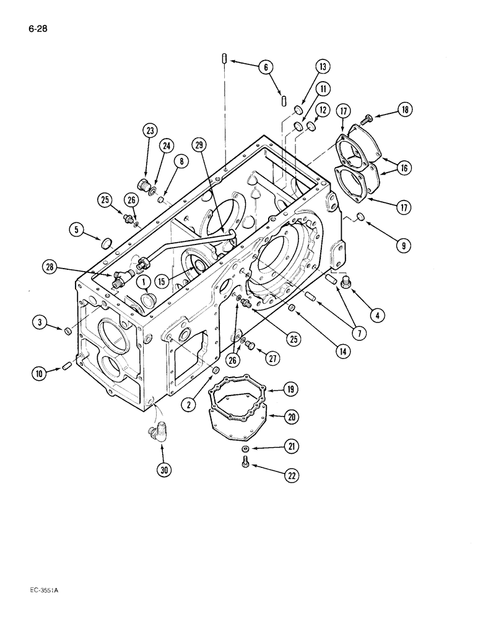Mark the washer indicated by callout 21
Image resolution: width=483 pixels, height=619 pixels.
[x=246, y=448]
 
